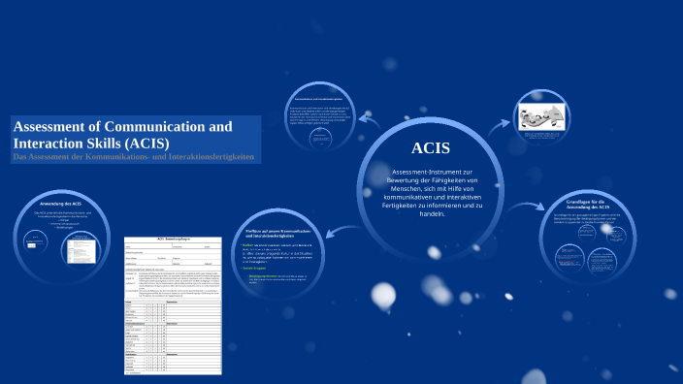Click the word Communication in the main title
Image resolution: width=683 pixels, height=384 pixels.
pos(159,126)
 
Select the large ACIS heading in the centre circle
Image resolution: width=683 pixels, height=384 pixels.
pos(430,147)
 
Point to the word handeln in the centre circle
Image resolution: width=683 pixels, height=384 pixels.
pos(430,213)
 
